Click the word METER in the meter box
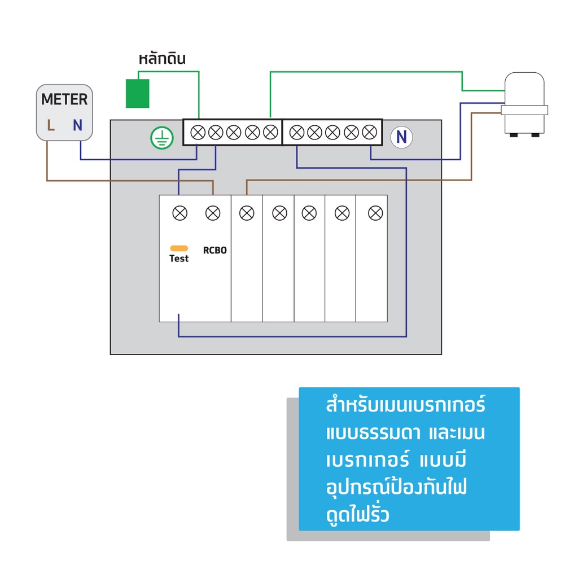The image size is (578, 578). [x=64, y=100]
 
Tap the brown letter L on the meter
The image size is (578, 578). [x=51, y=125]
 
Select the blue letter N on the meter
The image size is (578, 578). [x=77, y=125]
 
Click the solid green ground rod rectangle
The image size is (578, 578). [x=137, y=93]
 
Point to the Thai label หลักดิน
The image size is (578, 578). [x=162, y=59]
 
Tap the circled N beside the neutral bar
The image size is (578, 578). [x=401, y=137]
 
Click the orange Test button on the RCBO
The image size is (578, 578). [x=179, y=248]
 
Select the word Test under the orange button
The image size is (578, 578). [x=179, y=259]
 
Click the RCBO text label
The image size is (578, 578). [x=214, y=250]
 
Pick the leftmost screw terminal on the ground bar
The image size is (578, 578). [x=198, y=133]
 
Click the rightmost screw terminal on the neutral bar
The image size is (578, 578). [x=369, y=133]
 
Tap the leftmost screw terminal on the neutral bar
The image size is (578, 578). [x=296, y=133]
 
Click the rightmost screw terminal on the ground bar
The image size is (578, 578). [x=270, y=133]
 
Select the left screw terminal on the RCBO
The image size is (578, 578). [x=179, y=213]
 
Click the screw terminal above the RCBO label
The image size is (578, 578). [x=213, y=213]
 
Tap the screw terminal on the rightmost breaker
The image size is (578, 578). [x=375, y=213]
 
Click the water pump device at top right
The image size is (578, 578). [x=524, y=104]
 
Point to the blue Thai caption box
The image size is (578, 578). [x=409, y=458]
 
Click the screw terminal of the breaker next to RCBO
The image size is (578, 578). [x=247, y=213]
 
